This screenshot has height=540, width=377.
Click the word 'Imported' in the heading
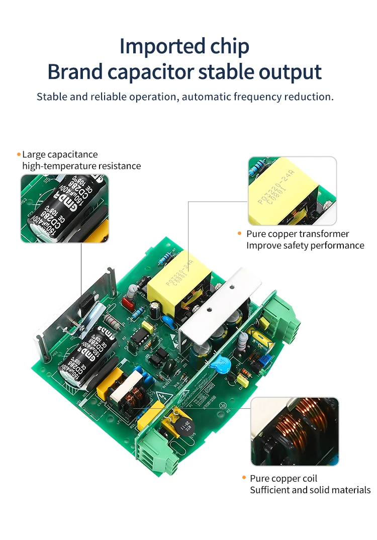[x=153, y=47]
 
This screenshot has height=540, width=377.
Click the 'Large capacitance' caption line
[x=60, y=154]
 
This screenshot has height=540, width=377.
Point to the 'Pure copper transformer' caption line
[x=297, y=234]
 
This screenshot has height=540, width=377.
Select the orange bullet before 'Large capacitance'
[x=19, y=154]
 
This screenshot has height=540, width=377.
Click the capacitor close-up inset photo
[x=64, y=209]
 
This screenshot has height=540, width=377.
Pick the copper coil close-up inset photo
[x=295, y=431]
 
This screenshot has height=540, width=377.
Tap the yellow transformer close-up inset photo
[x=292, y=191]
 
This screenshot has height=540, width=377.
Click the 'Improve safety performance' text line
[x=305, y=245]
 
